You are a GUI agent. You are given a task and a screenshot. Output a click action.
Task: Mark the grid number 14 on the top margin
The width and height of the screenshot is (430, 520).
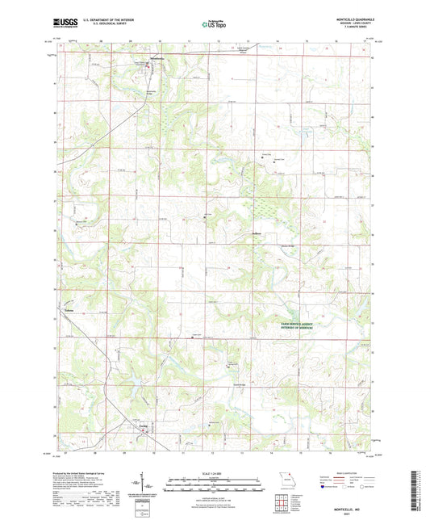click(277, 38)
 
